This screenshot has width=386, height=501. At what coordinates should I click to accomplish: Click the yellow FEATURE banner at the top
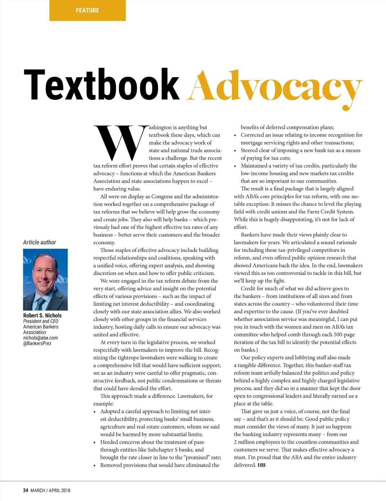(x=87, y=10)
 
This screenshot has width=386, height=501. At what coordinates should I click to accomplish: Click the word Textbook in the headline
(x=101, y=85)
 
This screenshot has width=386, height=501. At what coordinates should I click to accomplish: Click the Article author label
(x=40, y=242)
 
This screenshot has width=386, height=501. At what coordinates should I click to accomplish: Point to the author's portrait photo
(x=45, y=279)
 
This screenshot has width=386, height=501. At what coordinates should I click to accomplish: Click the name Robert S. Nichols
(x=42, y=315)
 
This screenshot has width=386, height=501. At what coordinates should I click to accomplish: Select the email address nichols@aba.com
(x=41, y=338)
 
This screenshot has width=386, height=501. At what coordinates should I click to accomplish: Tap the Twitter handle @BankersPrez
(x=37, y=343)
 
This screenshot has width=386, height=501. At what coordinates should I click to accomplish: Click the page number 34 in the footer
(x=26, y=490)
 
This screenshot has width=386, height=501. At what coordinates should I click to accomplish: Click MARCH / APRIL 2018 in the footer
(x=50, y=490)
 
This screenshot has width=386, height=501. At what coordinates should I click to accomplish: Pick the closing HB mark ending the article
(x=262, y=465)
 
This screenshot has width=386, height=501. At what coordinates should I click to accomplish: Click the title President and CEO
(x=41, y=321)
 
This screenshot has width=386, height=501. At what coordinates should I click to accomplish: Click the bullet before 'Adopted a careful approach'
(x=95, y=412)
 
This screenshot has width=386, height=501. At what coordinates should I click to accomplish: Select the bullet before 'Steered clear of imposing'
(x=235, y=151)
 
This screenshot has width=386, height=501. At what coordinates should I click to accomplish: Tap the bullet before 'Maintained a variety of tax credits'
(x=235, y=166)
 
